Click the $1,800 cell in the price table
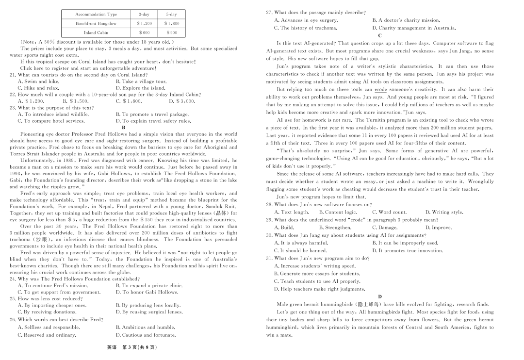[x=172, y=23]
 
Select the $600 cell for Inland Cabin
[x=144, y=33]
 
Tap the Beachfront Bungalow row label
[x=96, y=23]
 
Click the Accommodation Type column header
[x=96, y=15]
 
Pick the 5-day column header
[x=172, y=15]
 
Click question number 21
[x=13, y=75]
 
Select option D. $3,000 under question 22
[x=182, y=101]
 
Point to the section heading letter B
[x=123, y=128]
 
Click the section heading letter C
[x=379, y=35]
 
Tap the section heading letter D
[x=379, y=296]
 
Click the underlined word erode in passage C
[x=380, y=89]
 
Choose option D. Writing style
[x=444, y=212]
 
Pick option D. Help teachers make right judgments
[x=319, y=289]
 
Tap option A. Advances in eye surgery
[x=306, y=20]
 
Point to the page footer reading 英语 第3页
[x=132, y=347]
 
